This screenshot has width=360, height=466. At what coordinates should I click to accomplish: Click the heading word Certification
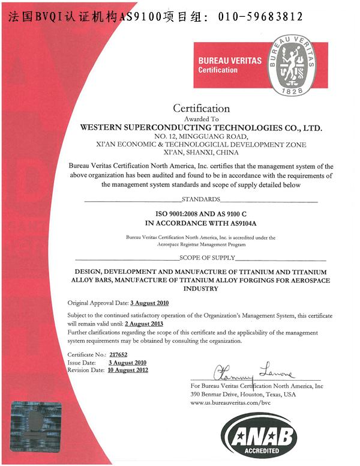click(x=202, y=109)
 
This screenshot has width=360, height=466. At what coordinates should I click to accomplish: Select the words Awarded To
click(x=202, y=119)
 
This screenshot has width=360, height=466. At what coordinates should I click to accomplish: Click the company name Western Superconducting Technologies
click(x=202, y=128)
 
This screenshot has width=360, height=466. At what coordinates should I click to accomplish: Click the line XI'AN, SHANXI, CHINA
click(x=202, y=153)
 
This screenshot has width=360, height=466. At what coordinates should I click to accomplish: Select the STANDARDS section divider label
click(x=202, y=199)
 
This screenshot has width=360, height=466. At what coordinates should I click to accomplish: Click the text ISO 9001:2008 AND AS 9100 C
click(x=202, y=213)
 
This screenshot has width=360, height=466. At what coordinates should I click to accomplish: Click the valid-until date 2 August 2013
click(x=145, y=324)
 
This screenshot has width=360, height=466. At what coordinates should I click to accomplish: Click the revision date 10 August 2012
click(x=128, y=370)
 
